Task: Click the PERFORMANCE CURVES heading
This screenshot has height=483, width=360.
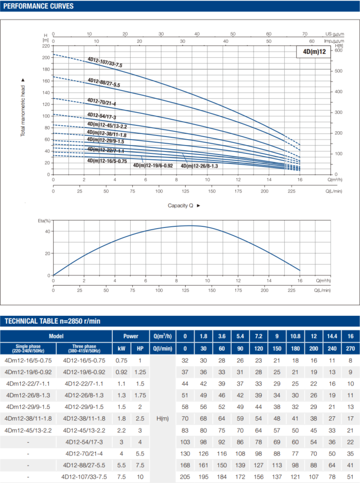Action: click(x=37, y=6)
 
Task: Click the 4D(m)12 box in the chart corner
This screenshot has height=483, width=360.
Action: click(x=313, y=52)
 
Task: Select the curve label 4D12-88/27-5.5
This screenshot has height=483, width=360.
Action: click(x=104, y=82)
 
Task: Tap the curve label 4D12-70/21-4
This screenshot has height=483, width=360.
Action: click(x=101, y=102)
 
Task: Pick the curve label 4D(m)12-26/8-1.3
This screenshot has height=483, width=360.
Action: click(x=199, y=166)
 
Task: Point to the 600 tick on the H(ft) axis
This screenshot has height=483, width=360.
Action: click(x=338, y=50)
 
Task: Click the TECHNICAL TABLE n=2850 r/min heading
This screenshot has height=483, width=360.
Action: click(x=53, y=321)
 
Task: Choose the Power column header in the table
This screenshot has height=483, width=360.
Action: click(x=131, y=336)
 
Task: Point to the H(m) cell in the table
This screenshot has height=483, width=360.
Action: click(x=161, y=418)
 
